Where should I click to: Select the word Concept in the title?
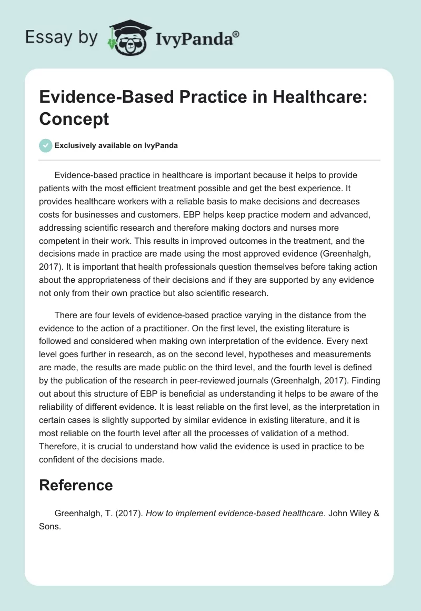click(x=74, y=119)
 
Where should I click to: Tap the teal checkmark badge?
click(x=46, y=145)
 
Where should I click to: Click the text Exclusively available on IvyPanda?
click(x=116, y=145)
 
